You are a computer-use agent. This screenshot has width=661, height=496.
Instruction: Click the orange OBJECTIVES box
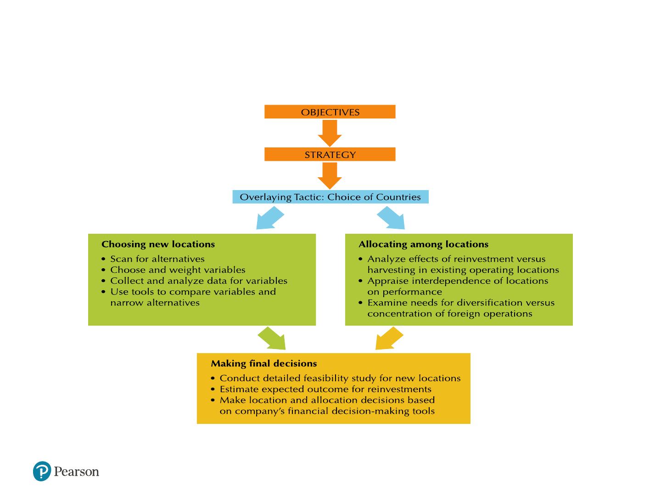tap(330, 112)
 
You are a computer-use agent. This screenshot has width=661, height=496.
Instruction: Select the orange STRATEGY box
tap(330, 154)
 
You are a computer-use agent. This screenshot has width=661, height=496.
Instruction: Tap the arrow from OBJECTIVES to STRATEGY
tap(330, 133)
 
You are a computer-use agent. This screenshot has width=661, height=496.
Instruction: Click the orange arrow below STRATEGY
tap(330, 176)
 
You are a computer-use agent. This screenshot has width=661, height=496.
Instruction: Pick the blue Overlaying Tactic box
tap(330, 197)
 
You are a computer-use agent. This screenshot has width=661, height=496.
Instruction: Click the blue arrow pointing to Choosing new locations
tap(270, 218)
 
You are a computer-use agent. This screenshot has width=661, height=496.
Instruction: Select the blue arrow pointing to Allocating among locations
tap(391, 218)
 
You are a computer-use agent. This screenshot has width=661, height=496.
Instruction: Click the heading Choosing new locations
tap(158, 244)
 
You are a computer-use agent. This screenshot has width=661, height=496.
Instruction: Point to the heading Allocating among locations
tap(423, 244)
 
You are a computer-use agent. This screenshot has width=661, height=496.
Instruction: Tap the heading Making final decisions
tap(264, 363)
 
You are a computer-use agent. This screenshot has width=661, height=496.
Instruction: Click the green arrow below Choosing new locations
tap(272, 338)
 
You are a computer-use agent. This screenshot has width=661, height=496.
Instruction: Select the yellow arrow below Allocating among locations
tap(389, 338)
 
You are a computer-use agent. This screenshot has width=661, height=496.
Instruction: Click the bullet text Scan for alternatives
tap(157, 259)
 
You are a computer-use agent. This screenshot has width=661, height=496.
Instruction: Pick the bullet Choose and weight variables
tap(178, 270)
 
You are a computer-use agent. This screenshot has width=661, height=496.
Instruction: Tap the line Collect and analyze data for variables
tap(199, 281)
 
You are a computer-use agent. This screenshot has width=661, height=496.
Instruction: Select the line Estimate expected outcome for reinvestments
tap(325, 389)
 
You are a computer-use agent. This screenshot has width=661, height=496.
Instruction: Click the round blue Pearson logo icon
tap(42, 471)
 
